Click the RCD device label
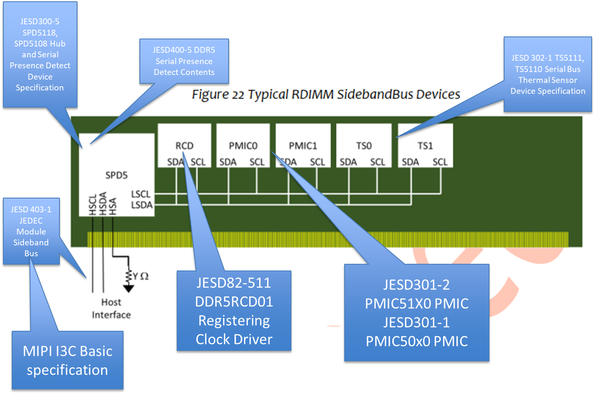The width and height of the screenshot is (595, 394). pyautogui.click(x=184, y=146)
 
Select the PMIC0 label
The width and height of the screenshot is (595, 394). pyautogui.click(x=243, y=146)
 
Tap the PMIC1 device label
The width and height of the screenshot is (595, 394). pyautogui.click(x=303, y=146)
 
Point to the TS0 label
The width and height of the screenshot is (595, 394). pyautogui.click(x=363, y=146)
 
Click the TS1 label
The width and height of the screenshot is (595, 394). pyautogui.click(x=425, y=146)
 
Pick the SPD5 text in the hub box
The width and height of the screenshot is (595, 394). pyautogui.click(x=116, y=175)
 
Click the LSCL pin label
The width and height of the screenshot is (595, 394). pyautogui.click(x=141, y=194)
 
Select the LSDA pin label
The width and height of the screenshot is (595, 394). pyautogui.click(x=142, y=205)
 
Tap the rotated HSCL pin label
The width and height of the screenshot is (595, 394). pyautogui.click(x=93, y=204)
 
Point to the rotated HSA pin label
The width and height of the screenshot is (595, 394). pyautogui.click(x=113, y=206)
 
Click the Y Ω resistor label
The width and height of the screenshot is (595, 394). pyautogui.click(x=141, y=276)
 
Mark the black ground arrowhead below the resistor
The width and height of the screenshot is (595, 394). pyautogui.click(x=129, y=288)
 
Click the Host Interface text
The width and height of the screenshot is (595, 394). pyautogui.click(x=111, y=308)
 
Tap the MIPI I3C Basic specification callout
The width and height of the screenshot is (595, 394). pyautogui.click(x=67, y=360)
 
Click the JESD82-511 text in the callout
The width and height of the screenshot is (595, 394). pyautogui.click(x=234, y=283)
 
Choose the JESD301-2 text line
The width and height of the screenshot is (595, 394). pyautogui.click(x=416, y=285)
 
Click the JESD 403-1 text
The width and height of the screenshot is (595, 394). pyautogui.click(x=31, y=209)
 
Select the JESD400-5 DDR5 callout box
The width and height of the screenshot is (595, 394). pyautogui.click(x=184, y=61)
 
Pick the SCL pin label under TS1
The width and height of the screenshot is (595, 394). pyautogui.click(x=440, y=162)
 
